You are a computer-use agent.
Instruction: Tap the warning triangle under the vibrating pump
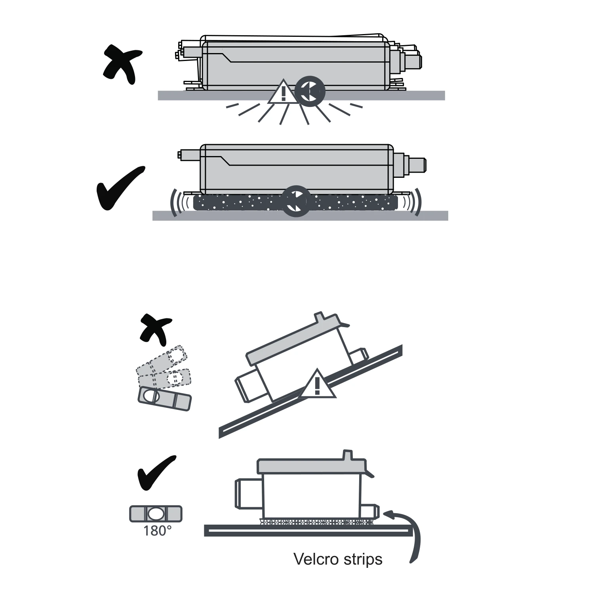click(283, 92)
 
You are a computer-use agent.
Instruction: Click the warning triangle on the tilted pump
click(317, 385)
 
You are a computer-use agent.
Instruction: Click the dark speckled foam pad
click(238, 203)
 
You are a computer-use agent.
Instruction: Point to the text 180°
click(157, 531)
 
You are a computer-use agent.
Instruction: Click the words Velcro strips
click(338, 559)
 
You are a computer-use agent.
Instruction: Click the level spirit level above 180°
click(156, 514)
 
